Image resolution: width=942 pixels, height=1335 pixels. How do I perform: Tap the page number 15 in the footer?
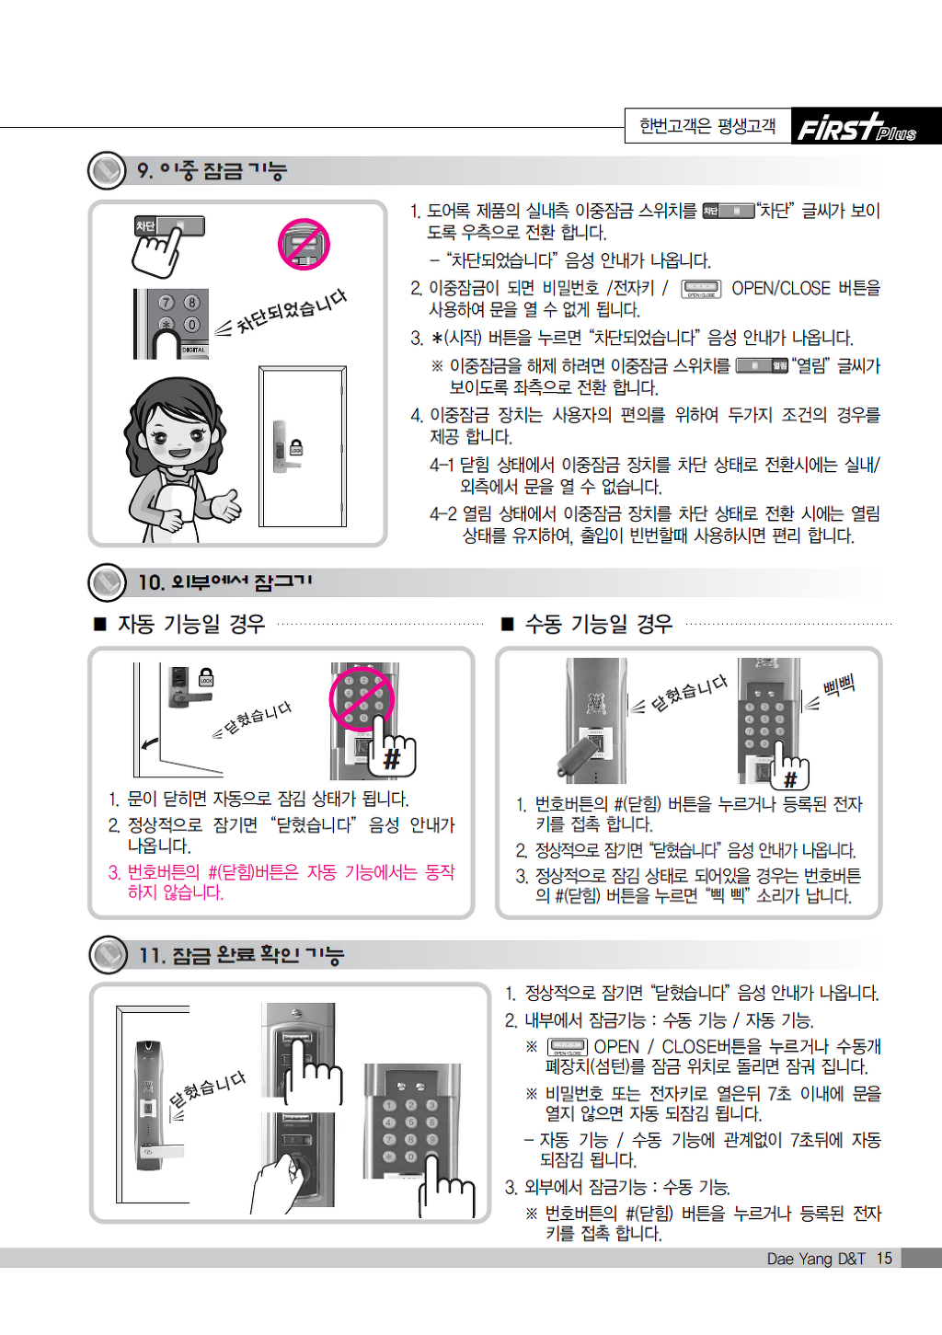coord(884,1258)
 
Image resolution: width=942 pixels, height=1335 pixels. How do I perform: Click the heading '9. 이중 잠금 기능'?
coord(213,170)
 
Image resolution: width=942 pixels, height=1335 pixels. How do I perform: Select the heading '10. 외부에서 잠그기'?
coord(224,581)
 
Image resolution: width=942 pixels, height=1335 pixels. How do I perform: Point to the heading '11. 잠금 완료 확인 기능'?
coord(241,955)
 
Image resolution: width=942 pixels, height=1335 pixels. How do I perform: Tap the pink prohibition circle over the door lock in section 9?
coord(304,245)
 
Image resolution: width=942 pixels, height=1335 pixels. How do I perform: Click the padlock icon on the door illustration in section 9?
coord(296,447)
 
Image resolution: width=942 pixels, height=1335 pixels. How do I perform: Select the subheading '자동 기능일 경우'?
coord(191,624)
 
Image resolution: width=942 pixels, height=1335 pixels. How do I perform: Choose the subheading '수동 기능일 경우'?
coord(598,624)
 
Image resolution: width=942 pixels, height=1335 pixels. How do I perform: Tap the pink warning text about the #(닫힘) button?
coord(281,882)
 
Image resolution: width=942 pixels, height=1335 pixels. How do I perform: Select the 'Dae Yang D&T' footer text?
coord(816,1258)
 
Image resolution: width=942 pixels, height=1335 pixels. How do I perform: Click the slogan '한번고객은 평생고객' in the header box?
coord(707,126)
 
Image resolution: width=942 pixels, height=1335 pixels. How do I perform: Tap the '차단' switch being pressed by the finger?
coord(170,226)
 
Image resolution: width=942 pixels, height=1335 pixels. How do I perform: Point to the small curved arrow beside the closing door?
coord(150,742)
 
